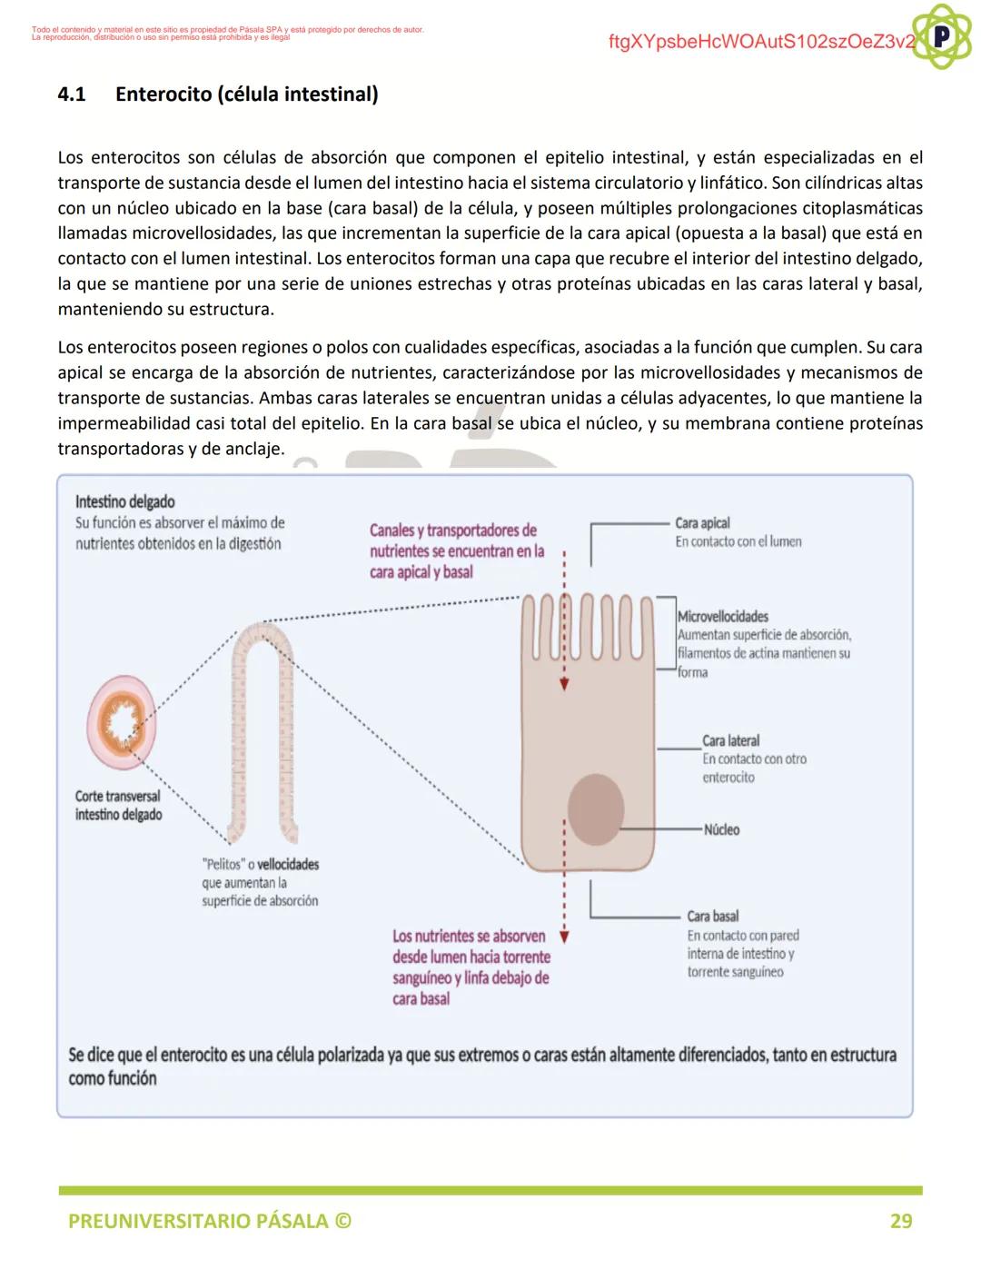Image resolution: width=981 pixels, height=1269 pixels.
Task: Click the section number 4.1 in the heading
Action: pyautogui.click(x=72, y=94)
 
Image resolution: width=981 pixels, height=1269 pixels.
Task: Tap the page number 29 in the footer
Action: pyautogui.click(x=900, y=1221)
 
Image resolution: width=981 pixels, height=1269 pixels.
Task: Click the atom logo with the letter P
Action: pyautogui.click(x=941, y=36)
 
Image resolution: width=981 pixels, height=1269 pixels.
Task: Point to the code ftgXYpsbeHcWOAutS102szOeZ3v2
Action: pyautogui.click(x=761, y=42)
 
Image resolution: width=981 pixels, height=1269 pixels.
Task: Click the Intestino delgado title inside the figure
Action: pyautogui.click(x=124, y=501)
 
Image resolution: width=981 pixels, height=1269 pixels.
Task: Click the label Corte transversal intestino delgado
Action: pyautogui.click(x=118, y=805)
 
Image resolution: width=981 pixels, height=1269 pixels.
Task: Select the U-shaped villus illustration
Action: pyautogui.click(x=262, y=727)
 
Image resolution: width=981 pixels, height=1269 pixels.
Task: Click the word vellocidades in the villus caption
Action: pyautogui.click(x=288, y=864)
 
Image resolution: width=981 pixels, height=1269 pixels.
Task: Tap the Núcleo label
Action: pyautogui.click(x=721, y=829)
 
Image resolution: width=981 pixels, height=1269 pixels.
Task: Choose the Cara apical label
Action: pyautogui.click(x=702, y=523)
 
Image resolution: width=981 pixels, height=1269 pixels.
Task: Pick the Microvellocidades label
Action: pyautogui.click(x=723, y=617)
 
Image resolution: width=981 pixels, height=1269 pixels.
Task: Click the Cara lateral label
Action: pyautogui.click(x=730, y=740)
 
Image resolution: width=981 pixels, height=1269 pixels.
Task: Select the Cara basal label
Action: pyautogui.click(x=712, y=916)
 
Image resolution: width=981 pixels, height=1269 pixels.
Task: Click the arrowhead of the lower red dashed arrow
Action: pyautogui.click(x=564, y=937)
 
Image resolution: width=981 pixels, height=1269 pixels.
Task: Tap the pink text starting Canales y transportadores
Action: pyautogui.click(x=456, y=550)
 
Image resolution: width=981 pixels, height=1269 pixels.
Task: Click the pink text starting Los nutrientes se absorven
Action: pyautogui.click(x=471, y=967)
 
